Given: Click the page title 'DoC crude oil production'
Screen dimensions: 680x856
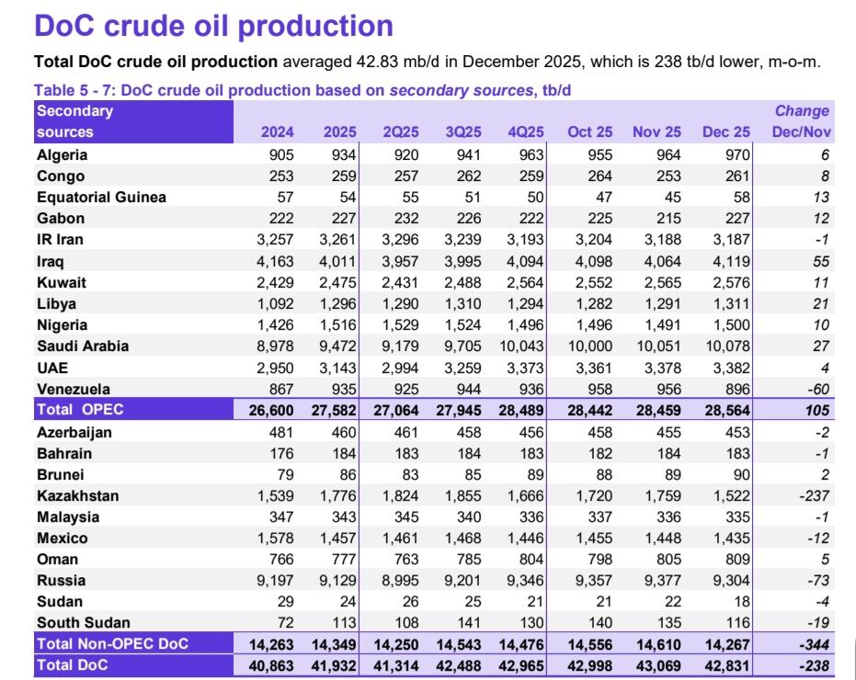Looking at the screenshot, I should [x=213, y=25].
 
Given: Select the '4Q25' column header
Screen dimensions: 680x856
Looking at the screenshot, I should [x=527, y=131].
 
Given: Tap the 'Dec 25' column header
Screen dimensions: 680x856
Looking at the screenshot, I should [x=726, y=131].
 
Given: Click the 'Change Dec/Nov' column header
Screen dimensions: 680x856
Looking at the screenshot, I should [x=802, y=121].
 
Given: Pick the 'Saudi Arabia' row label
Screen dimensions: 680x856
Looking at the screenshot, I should [x=83, y=346].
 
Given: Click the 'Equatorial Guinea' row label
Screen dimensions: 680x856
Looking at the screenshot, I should [x=101, y=197].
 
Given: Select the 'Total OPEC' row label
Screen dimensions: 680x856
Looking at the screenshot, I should [x=82, y=410].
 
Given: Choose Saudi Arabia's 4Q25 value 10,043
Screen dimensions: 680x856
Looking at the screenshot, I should [x=520, y=346].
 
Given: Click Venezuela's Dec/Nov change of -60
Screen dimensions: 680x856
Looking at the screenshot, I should [x=816, y=389].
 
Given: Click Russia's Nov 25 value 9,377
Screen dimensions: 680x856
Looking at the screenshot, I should [x=657, y=580].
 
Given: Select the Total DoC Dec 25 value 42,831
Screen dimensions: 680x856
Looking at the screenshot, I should [x=724, y=664].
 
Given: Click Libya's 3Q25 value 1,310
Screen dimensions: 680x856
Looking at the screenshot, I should [x=461, y=303].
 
